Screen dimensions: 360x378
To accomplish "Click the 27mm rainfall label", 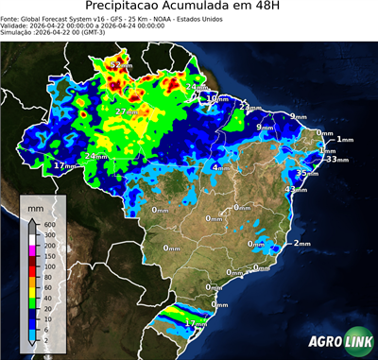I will coord(124,111).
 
